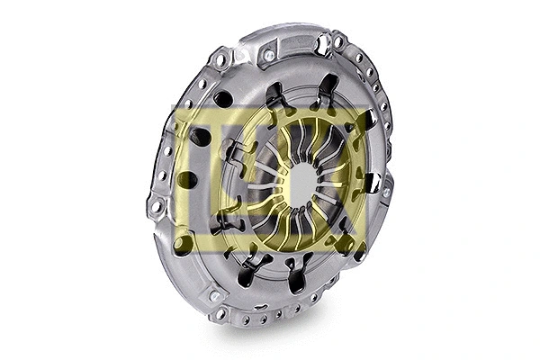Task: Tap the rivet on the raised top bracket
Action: [268, 56]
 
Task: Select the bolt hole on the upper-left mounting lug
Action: [220, 60]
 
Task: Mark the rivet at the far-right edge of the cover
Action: [386, 192]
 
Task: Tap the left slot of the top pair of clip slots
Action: [274, 94]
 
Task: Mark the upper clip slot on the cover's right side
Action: [370, 121]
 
